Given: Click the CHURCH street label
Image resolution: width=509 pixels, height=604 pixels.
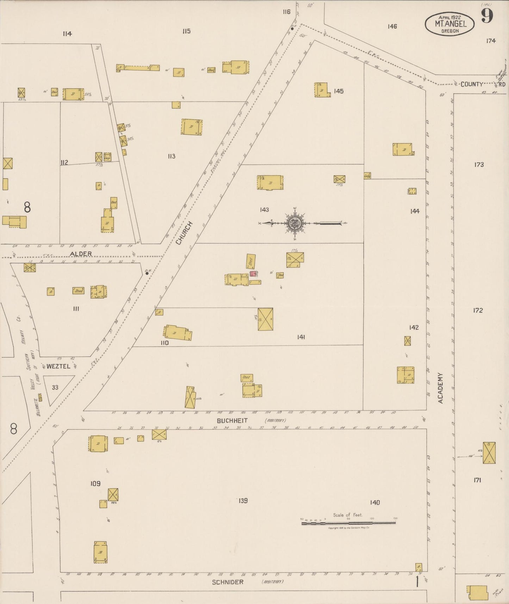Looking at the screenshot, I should point(184,233).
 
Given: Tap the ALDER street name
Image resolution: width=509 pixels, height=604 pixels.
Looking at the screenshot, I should point(81,254).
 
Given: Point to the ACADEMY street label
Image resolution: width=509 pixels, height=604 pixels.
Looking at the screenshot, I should point(440,388).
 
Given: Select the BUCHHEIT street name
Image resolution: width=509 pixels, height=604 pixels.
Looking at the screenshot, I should point(232,420).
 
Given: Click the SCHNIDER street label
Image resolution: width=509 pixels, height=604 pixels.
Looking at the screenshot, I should point(228,582).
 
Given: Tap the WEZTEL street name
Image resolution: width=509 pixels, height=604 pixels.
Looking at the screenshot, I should point(58,366).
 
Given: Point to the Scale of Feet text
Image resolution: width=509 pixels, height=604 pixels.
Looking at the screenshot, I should point(348,515).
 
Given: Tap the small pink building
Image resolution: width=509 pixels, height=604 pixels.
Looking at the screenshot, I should point(253,273).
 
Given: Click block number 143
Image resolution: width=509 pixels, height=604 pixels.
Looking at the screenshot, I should point(264,210).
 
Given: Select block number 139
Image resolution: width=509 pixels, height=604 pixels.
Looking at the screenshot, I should point(243,500).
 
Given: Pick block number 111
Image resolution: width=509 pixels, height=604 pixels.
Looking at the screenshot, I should point(76,309).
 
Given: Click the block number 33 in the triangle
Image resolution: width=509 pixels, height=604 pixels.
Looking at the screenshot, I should point(55,387).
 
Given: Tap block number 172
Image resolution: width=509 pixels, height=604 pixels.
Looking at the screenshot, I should point(478,310).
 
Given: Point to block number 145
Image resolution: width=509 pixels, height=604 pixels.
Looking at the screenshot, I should point(339,91).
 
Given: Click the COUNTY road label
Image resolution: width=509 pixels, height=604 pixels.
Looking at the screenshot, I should point(472,84).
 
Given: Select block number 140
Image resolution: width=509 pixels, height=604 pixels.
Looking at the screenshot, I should point(375,503).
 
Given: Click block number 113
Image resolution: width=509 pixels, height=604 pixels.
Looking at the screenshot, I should point(172,156).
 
